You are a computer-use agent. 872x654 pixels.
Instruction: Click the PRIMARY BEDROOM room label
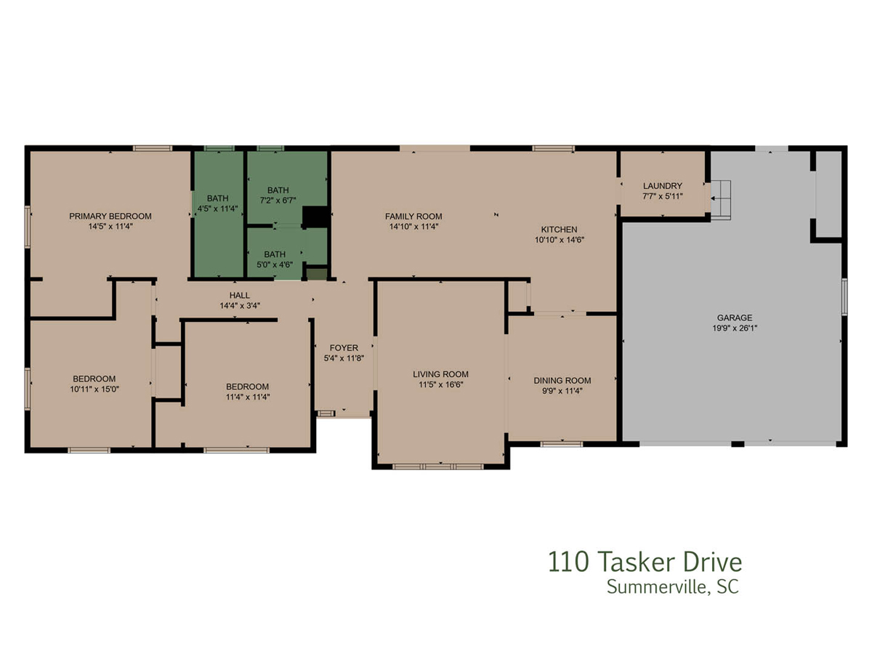tap(110, 216)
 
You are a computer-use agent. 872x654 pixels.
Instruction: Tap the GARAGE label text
tap(735, 318)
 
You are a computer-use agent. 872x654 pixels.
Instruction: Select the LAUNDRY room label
tap(662, 186)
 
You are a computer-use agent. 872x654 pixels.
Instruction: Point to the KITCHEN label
tap(559, 230)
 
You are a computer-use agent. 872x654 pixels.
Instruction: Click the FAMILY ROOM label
tap(413, 217)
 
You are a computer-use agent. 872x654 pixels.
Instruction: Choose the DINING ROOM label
tap(562, 381)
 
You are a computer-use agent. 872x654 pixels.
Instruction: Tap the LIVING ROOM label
tap(440, 374)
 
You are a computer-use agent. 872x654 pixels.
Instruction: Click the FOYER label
tap(344, 348)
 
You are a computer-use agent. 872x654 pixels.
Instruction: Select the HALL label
tap(240, 296)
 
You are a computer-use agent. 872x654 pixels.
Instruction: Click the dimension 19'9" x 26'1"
tap(735, 328)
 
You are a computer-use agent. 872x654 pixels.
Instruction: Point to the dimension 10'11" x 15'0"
tap(94, 389)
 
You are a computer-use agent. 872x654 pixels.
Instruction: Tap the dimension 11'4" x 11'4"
tap(248, 397)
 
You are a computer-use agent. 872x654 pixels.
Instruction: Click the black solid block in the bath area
tap(316, 217)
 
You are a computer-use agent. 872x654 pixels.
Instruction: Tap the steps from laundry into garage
tap(720, 200)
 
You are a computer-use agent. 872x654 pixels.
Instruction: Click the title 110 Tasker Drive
tap(645, 562)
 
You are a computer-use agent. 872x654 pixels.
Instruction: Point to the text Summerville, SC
tap(673, 587)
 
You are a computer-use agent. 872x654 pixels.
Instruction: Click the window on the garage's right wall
tap(844, 297)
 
